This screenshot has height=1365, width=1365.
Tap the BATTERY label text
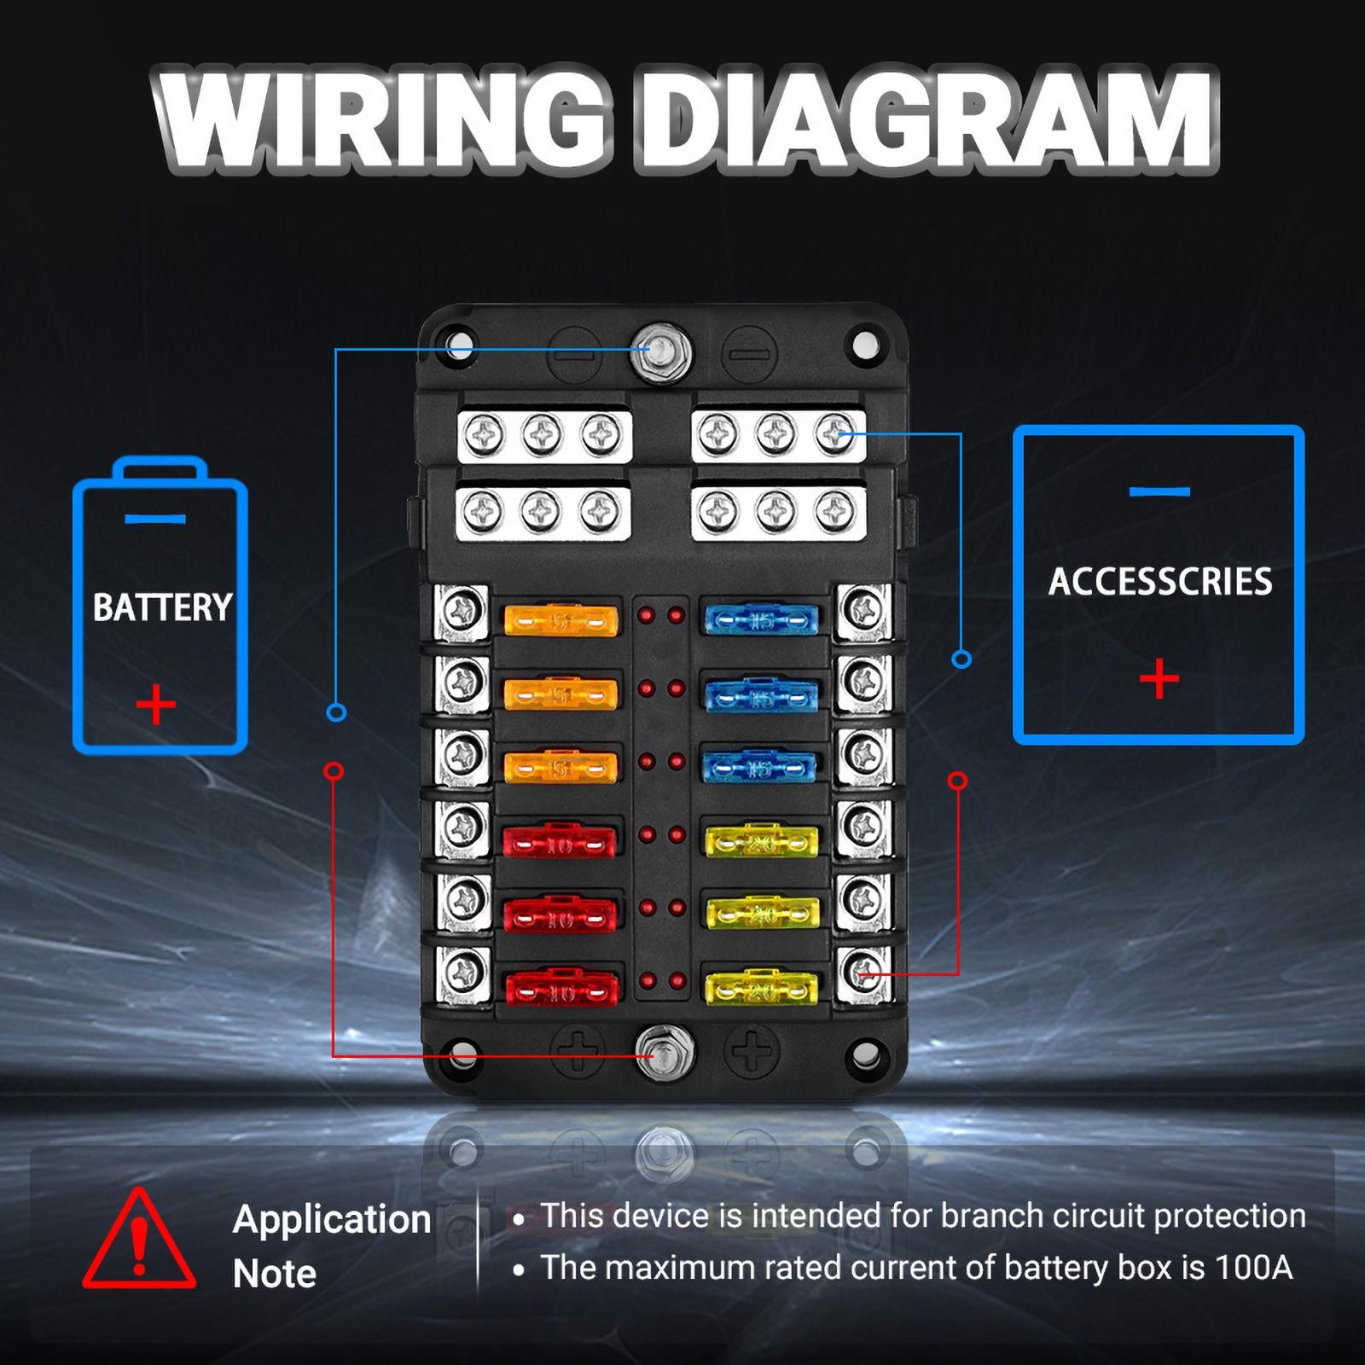(x=162, y=607)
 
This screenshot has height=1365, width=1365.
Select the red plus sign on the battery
(x=156, y=705)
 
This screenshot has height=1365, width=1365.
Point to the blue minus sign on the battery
(x=154, y=519)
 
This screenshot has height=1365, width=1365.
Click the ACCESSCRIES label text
(x=1160, y=582)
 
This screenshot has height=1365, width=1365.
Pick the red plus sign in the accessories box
(x=1159, y=678)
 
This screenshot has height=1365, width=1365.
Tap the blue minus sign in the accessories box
(x=1159, y=491)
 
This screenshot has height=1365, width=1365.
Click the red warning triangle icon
(x=139, y=1240)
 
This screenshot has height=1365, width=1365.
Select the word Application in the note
(x=332, y=1219)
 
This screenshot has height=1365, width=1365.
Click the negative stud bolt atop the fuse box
(x=661, y=351)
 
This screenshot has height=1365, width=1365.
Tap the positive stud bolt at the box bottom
(x=665, y=1052)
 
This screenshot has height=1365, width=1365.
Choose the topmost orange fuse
(x=561, y=620)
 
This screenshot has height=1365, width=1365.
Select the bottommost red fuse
(x=561, y=990)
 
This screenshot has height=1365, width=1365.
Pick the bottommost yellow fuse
(x=761, y=988)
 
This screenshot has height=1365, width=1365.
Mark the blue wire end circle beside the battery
(x=337, y=712)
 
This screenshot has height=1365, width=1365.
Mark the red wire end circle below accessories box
(x=958, y=781)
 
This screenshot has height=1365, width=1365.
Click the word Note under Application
(x=274, y=1274)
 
